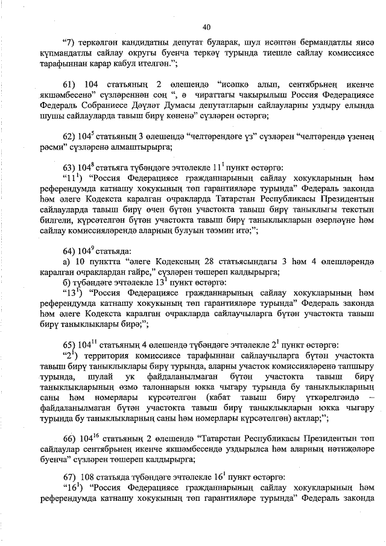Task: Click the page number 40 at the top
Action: tap(207, 27)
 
